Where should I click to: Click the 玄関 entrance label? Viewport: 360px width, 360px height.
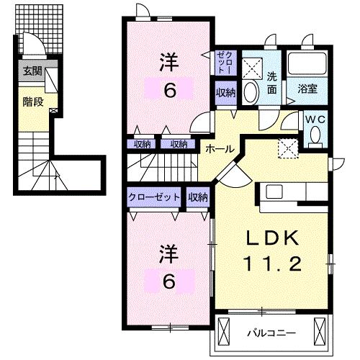pos(32,71)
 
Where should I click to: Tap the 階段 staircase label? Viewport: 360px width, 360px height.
pos(32,102)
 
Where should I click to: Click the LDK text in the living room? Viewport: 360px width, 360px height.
pos(271,239)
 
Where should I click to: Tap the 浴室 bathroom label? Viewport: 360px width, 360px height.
pos(308,89)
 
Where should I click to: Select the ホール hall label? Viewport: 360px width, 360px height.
pos(219,148)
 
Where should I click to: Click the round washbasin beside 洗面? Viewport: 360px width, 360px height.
pos(249,92)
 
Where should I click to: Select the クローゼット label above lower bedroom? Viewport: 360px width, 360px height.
pos(154,197)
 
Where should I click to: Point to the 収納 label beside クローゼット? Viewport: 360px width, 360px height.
pos(198,197)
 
